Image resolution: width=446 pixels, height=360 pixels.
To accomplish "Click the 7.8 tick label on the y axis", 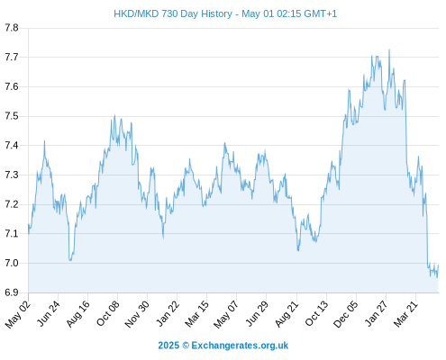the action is (12, 28).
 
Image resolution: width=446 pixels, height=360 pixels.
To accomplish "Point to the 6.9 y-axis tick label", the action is (12, 292).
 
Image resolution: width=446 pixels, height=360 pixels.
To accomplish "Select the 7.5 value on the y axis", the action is (12, 116).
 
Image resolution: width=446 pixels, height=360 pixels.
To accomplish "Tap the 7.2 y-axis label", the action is (12, 204).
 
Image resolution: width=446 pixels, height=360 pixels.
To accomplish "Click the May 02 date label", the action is (18, 314).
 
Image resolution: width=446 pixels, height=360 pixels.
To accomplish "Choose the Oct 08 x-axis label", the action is (107, 313).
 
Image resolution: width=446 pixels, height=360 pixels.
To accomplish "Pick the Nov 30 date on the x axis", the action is (137, 314).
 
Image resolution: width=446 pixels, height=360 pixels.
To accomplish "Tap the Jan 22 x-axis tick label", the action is (168, 313).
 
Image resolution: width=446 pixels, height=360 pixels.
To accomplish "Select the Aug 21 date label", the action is (287, 314).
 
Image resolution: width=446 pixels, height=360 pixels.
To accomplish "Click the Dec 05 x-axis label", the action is (346, 314).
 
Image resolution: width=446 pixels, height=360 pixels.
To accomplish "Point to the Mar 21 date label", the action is (405, 313).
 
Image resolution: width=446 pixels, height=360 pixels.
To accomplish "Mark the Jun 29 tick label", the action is (257, 313).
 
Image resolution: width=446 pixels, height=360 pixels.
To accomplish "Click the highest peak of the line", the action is (389, 49).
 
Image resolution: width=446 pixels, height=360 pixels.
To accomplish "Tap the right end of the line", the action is (439, 265).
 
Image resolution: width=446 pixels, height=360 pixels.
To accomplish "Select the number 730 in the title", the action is (170, 13).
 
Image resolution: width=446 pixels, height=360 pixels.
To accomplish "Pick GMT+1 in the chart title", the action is (321, 13).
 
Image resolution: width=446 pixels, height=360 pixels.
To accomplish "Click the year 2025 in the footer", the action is (168, 346).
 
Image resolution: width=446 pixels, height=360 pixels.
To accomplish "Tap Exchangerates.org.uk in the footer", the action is (240, 346).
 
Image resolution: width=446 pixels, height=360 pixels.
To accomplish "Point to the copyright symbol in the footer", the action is (186, 346).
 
